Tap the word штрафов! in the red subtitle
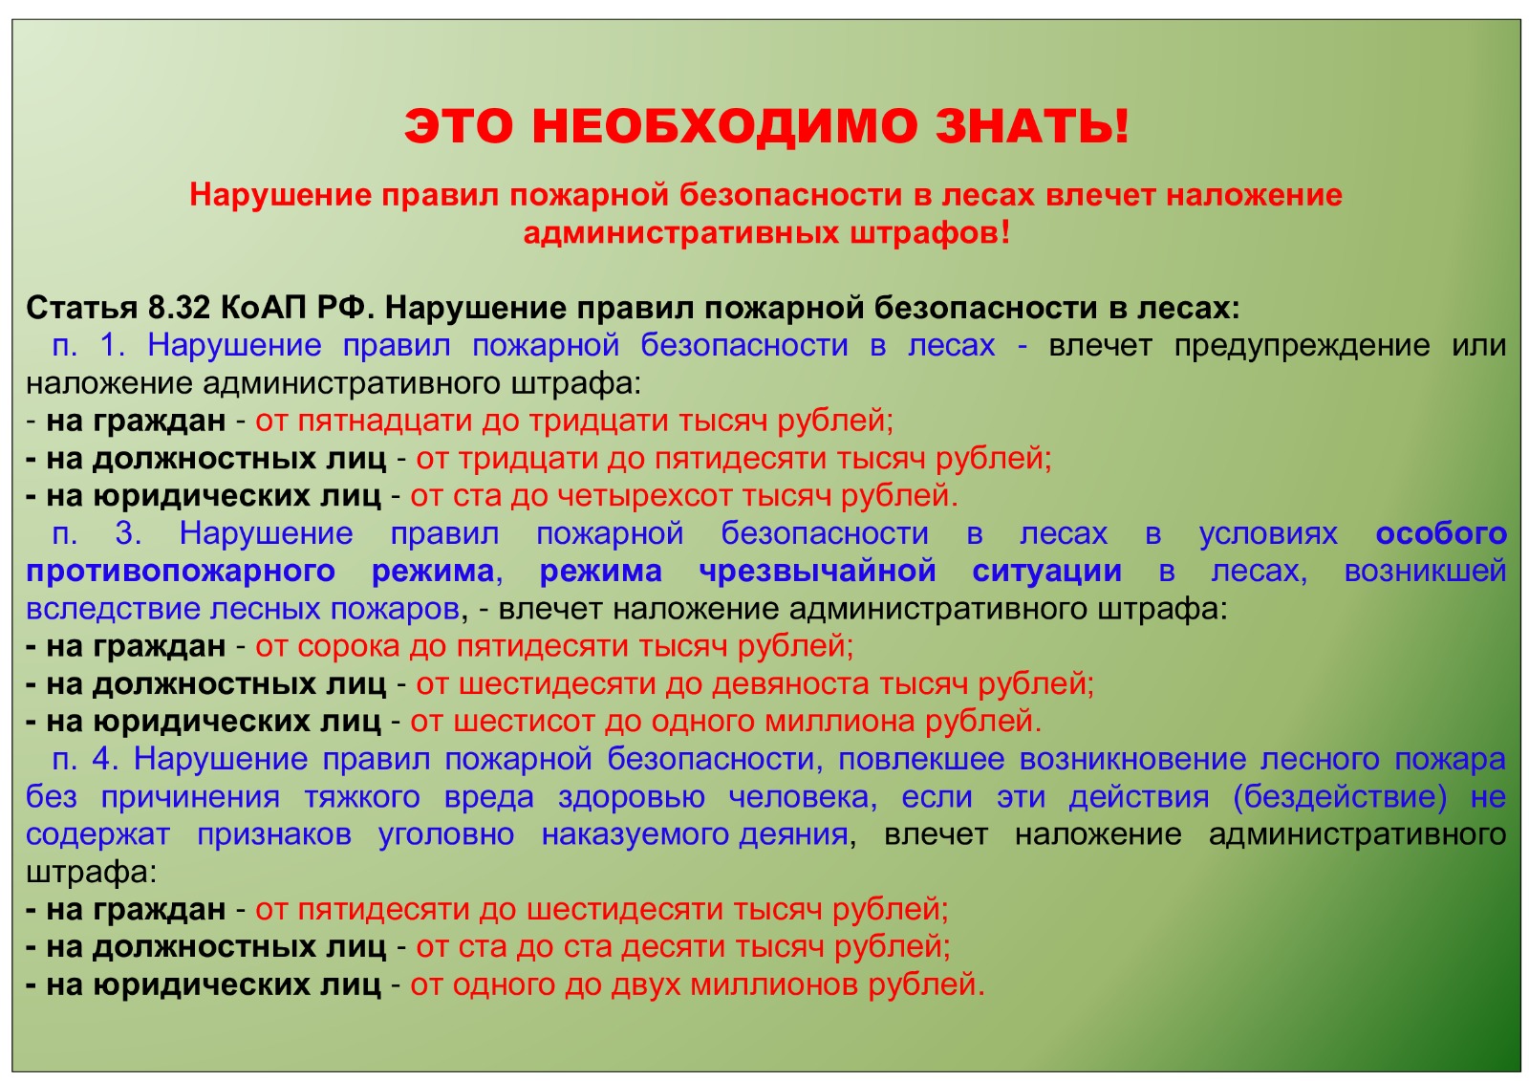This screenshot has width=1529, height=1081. [x=930, y=234]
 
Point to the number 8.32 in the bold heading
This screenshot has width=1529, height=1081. [x=179, y=308]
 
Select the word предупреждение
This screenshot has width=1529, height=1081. [x=1302, y=347]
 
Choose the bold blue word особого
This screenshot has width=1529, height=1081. [x=1440, y=533]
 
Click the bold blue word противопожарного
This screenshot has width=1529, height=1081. [x=181, y=573]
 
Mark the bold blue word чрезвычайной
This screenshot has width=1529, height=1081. [x=817, y=573]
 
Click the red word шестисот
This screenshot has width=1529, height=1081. [x=524, y=722]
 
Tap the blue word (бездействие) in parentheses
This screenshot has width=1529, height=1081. [x=1339, y=797]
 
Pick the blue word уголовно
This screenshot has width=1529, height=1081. [x=445, y=834]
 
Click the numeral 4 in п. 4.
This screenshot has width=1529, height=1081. [x=106, y=759]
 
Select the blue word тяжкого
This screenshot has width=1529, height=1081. [x=362, y=797]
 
